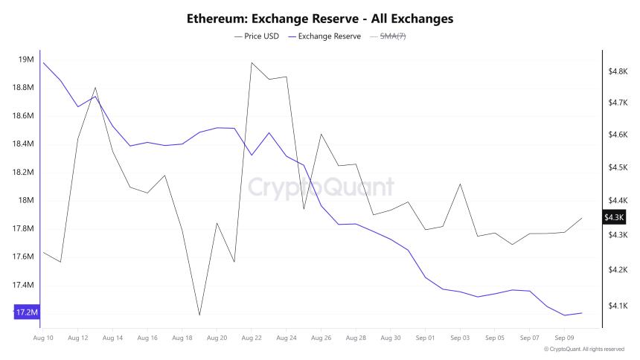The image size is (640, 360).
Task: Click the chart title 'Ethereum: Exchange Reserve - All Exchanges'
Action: point(320,18)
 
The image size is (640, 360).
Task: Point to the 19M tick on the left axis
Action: point(26,60)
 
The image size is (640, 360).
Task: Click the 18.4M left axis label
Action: point(24,144)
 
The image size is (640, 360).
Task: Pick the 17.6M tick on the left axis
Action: point(24,257)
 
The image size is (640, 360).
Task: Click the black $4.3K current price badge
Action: point(615,217)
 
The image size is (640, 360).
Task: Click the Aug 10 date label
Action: point(43,338)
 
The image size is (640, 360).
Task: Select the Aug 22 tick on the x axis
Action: point(252,338)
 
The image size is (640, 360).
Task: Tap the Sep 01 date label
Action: point(425,338)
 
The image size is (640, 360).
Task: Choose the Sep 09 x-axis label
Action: point(564,338)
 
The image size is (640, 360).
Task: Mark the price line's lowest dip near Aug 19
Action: point(199,315)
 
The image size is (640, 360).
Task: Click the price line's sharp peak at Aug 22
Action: point(252,62)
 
